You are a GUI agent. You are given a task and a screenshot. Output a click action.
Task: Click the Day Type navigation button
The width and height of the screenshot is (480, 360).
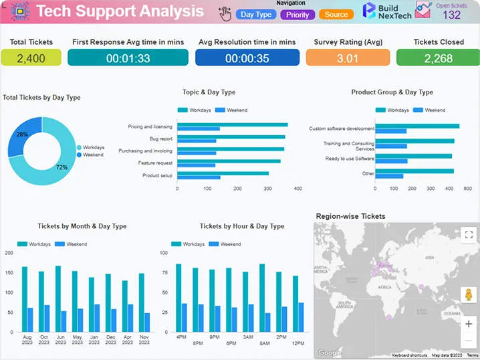(x=256, y=14)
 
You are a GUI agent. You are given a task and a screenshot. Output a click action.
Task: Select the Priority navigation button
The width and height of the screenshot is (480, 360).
(x=297, y=14)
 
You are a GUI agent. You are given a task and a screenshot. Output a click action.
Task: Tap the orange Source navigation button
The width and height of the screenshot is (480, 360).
(x=336, y=14)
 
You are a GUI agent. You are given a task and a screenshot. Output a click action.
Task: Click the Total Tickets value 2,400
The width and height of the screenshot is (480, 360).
(x=31, y=58)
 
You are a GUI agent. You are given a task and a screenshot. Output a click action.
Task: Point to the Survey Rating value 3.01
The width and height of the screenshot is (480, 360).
(x=348, y=58)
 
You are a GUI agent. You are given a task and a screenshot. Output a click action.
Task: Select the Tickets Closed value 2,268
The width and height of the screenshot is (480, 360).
(x=438, y=58)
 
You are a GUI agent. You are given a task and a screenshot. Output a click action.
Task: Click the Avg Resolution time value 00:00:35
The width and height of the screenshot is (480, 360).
(x=247, y=58)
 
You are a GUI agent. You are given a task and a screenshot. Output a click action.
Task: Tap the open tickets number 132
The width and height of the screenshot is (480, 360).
(x=451, y=15)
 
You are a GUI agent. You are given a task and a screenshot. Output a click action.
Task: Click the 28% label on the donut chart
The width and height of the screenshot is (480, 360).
(x=23, y=134)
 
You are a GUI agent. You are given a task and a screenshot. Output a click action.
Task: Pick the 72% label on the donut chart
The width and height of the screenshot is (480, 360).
(x=62, y=167)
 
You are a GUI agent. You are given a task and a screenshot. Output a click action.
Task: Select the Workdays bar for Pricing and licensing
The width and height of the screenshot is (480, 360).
(x=232, y=124)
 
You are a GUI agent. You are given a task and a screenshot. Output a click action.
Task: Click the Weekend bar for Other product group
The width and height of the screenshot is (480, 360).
(x=390, y=176)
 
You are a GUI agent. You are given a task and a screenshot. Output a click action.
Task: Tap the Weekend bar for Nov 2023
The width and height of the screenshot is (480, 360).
(x=147, y=323)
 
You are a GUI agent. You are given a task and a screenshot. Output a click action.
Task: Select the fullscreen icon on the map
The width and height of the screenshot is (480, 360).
(x=469, y=234)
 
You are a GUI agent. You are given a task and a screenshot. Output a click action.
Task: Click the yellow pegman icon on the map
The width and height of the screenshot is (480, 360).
(x=469, y=295)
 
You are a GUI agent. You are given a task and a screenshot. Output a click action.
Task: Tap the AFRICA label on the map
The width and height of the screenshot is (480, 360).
(x=384, y=286)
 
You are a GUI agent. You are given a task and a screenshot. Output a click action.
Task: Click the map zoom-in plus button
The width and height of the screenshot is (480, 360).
(x=469, y=323)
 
